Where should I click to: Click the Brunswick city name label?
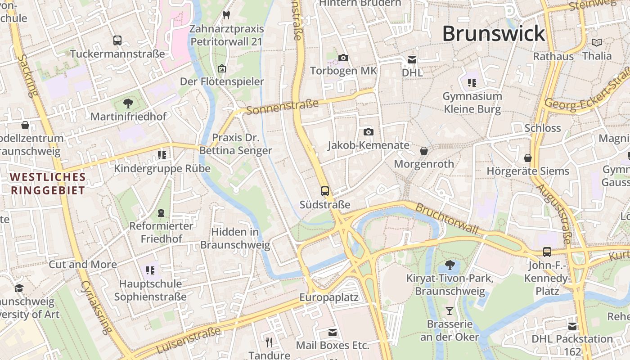pos(493,34)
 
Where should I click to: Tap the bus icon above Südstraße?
pos(325,191)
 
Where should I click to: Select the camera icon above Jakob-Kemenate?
pos(369,132)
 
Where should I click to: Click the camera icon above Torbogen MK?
pos(343,58)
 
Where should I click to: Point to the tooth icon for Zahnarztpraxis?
pos(226,15)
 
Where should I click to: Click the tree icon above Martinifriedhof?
pos(128,103)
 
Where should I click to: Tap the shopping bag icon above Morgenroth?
pos(423,151)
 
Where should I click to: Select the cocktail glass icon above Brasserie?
pos(449,311)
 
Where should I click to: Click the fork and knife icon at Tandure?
pos(269,342)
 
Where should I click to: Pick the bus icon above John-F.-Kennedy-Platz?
pos(547,252)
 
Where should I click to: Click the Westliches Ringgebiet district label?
pos(48,184)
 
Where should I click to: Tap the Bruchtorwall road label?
pos(446,219)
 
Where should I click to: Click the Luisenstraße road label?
pos(189,340)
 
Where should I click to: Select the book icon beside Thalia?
pos(597,43)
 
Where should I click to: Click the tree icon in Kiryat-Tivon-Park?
pos(449,265)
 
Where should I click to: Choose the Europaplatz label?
pos(329,297)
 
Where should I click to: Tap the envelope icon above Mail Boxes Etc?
pos(333,333)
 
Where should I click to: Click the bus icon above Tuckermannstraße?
pos(117,40)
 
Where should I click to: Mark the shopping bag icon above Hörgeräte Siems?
pos(527,158)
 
